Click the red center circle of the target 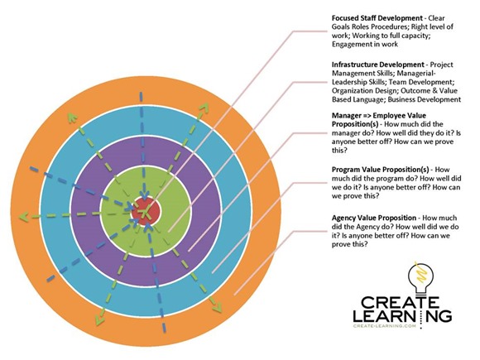[x=146, y=212]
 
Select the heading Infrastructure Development [x=378, y=65]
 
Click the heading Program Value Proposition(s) [x=382, y=170]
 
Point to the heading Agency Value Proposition [x=374, y=218]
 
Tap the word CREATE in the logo [x=400, y=302]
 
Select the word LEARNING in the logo [x=402, y=315]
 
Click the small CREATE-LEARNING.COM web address [x=385, y=326]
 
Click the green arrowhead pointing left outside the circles [x=23, y=217]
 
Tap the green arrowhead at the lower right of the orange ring [x=217, y=307]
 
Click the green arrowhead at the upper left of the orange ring [x=72, y=118]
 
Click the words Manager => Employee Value [x=379, y=115]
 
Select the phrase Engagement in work [x=365, y=44]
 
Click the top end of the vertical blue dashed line [x=142, y=93]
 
